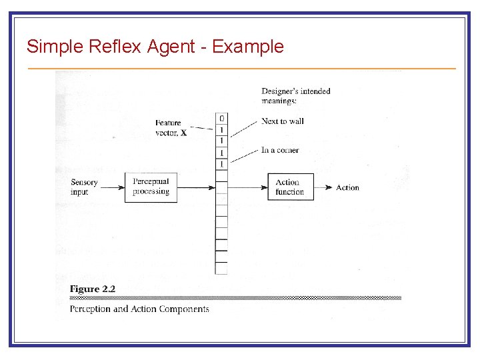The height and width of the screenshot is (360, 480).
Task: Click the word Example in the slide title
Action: [247, 47]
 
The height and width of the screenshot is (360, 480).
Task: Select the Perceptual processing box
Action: [151, 187]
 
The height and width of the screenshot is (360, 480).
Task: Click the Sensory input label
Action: [84, 187]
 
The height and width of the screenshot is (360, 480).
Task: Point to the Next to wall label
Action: [283, 121]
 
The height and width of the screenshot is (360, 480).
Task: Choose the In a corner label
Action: [280, 150]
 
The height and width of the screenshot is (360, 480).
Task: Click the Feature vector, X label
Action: [171, 128]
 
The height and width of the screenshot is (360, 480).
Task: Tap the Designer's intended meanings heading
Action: [296, 95]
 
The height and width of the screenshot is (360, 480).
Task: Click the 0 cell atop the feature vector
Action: [221, 119]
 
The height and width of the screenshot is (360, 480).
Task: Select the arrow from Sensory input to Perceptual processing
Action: [112, 187]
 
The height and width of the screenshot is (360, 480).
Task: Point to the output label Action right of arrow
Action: [347, 187]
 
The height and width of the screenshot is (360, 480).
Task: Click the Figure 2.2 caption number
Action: [93, 289]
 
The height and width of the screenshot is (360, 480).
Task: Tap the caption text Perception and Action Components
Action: [139, 309]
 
